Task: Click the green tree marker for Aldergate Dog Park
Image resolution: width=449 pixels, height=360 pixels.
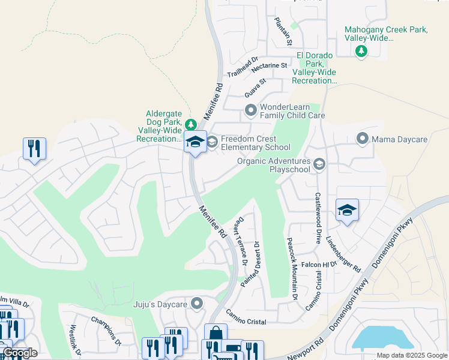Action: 190,125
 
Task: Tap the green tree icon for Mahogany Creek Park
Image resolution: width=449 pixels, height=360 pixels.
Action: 361,52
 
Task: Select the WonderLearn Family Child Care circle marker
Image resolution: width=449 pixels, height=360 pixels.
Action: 251,110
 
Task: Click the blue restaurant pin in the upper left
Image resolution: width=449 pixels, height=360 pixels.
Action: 34,148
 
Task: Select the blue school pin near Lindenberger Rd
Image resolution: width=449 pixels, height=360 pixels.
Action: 347,210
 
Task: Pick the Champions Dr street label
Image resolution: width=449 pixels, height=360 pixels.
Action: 106,330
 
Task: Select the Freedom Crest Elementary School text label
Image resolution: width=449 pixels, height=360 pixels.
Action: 256,143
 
